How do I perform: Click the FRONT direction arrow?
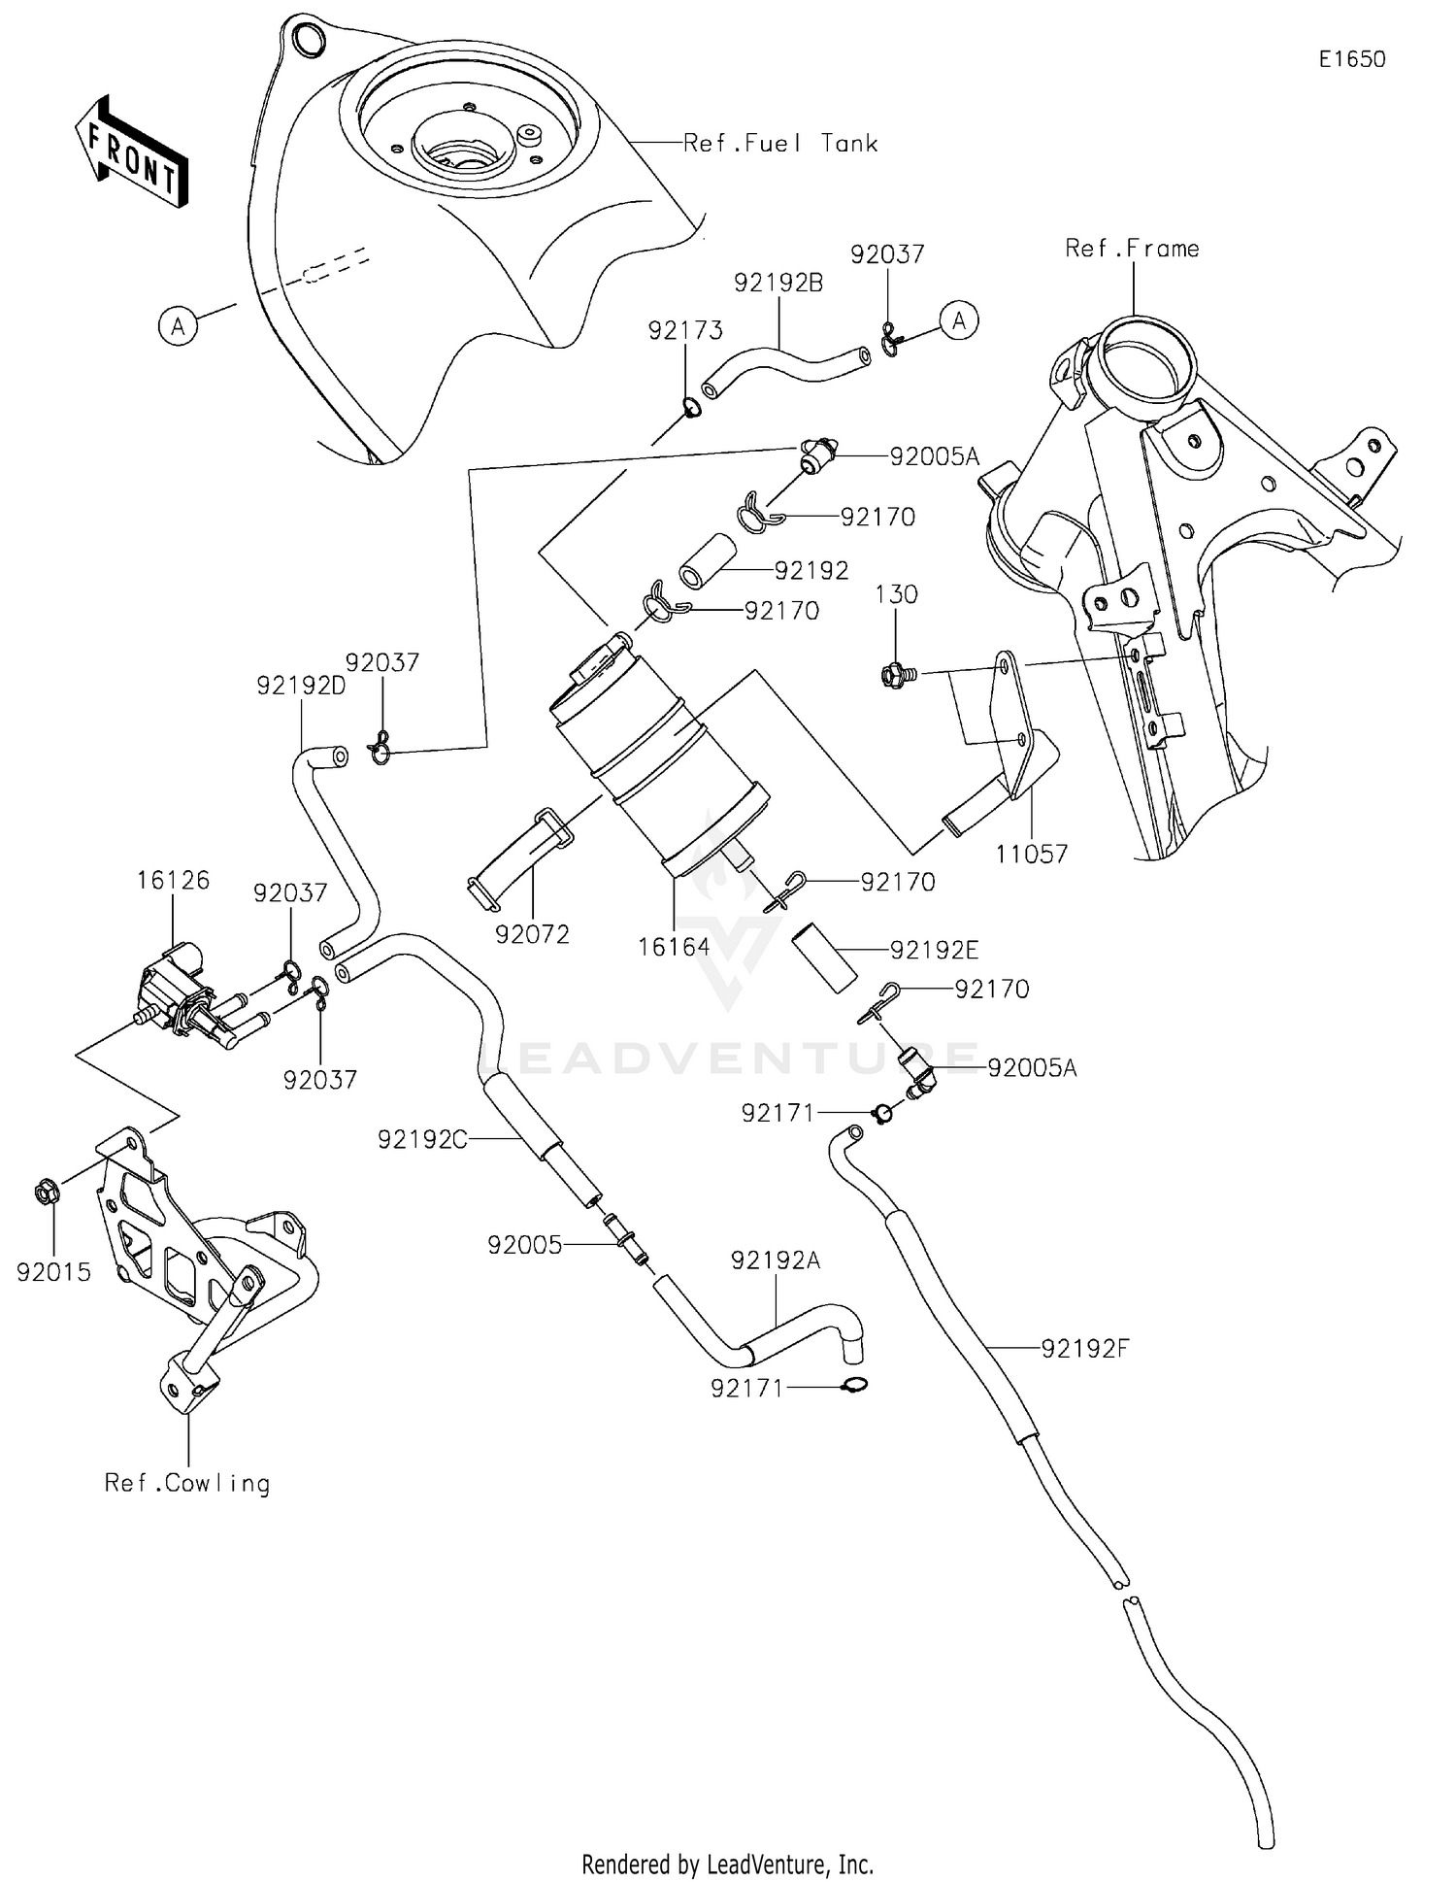pyautogui.click(x=131, y=152)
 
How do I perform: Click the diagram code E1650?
pyautogui.click(x=1351, y=59)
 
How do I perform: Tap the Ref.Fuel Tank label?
pyautogui.click(x=780, y=144)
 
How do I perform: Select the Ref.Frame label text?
pyautogui.click(x=1132, y=249)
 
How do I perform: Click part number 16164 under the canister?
pyautogui.click(x=674, y=946)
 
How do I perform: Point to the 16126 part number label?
pyautogui.click(x=173, y=881)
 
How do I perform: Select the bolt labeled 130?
pyautogui.click(x=892, y=672)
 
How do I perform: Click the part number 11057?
pyautogui.click(x=1031, y=855)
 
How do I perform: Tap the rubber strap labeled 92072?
pyautogui.click(x=519, y=855)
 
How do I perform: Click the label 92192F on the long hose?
pyautogui.click(x=1085, y=1348)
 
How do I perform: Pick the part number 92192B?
pyautogui.click(x=778, y=283)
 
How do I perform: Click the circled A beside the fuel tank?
pyautogui.click(x=178, y=325)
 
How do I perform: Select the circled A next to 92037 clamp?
pyautogui.click(x=959, y=320)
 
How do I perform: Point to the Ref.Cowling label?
pyautogui.click(x=187, y=1483)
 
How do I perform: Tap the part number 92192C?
pyautogui.click(x=422, y=1139)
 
